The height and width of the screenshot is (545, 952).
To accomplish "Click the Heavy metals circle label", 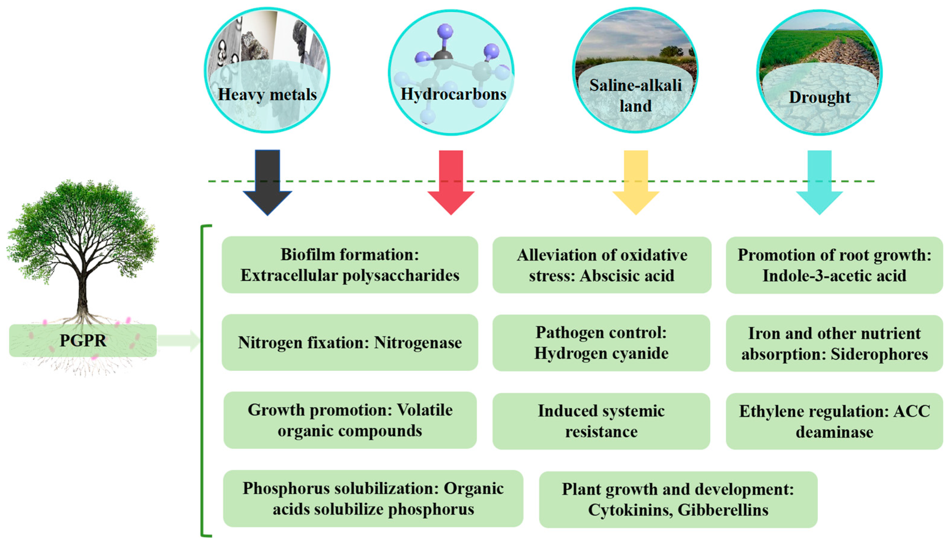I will (x=267, y=94).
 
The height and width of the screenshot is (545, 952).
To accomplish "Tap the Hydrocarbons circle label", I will (x=453, y=94).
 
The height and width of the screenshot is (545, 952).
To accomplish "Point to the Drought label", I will (x=819, y=97).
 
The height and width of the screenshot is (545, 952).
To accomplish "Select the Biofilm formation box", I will (x=350, y=265).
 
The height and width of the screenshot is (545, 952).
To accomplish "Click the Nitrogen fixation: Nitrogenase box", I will (x=350, y=343).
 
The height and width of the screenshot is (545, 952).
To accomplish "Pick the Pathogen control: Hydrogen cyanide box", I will (x=601, y=343).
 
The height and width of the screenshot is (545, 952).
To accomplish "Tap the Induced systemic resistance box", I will (x=601, y=421).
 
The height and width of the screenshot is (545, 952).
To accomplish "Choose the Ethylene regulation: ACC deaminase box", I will (x=834, y=421).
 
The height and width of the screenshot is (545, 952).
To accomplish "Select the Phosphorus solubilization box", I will (x=373, y=499).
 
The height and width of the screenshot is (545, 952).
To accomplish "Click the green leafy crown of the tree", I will (x=83, y=225).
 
